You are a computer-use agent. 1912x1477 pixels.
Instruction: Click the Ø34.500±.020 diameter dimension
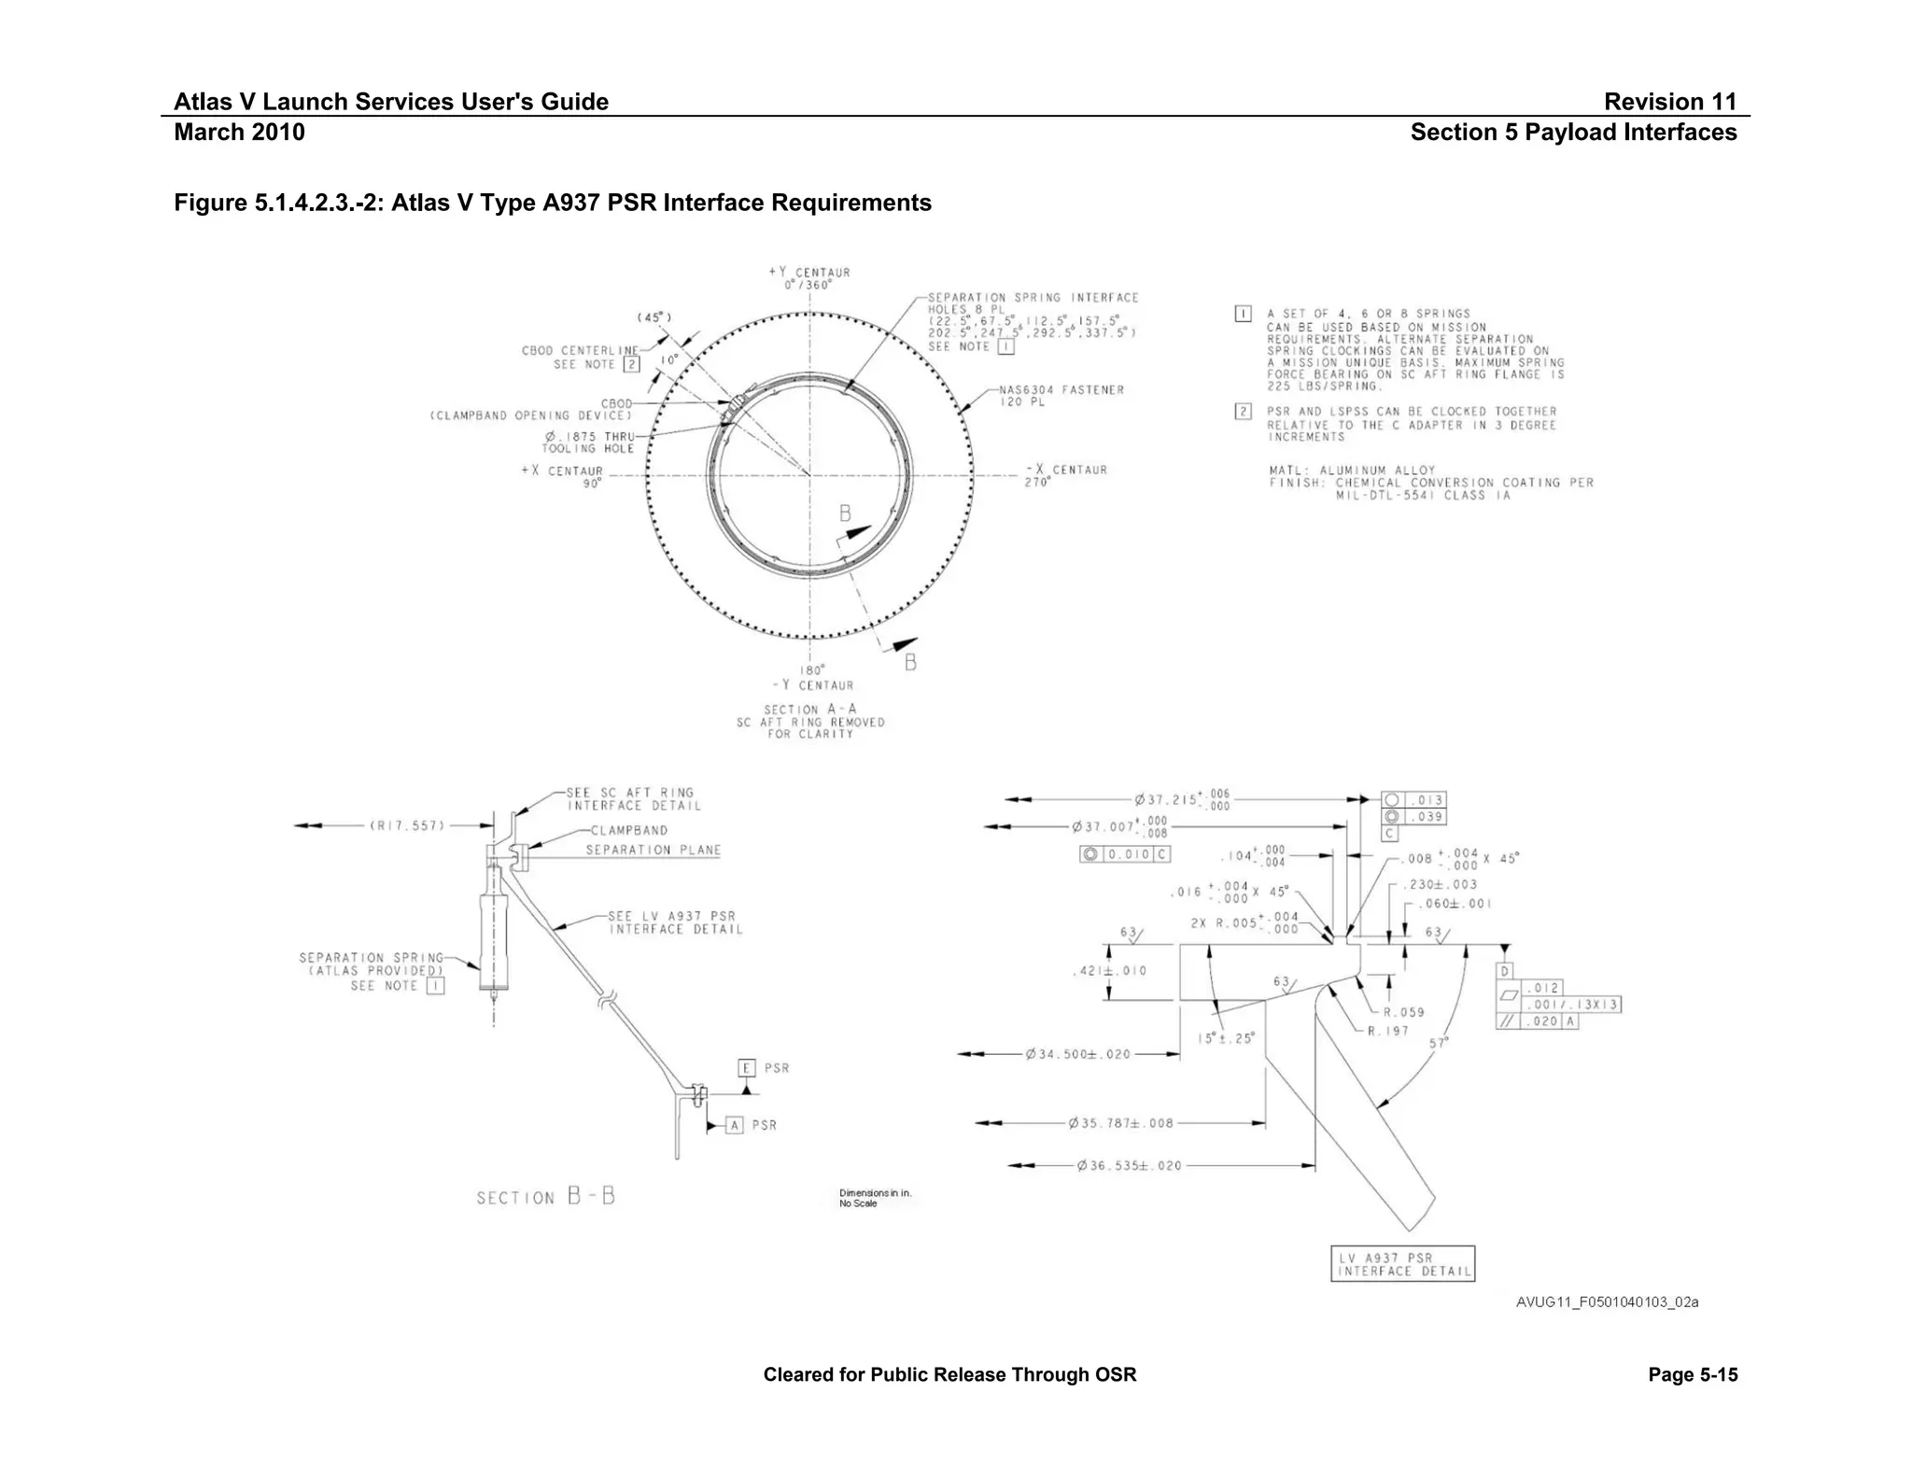point(1077,1054)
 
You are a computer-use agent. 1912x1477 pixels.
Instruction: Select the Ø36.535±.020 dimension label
point(1129,1165)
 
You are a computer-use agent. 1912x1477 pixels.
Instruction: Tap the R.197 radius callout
point(1388,1031)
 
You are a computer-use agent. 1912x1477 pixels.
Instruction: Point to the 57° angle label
point(1438,1042)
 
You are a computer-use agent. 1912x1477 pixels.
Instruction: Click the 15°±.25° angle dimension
point(1226,1037)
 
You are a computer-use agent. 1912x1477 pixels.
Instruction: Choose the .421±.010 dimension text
point(1109,971)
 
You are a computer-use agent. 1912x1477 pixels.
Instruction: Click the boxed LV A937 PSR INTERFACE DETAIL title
point(1402,1264)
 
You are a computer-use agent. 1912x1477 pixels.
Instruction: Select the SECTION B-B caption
point(545,1198)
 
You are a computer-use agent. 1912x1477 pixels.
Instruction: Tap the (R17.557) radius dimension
point(407,825)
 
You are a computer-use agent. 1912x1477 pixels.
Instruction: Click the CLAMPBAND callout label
point(628,830)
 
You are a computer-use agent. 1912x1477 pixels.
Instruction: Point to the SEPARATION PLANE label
point(653,850)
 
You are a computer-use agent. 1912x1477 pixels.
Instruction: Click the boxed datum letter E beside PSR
point(746,1068)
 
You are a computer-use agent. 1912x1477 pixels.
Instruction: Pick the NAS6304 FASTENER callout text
point(1061,396)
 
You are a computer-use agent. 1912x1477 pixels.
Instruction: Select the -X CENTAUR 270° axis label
point(1065,475)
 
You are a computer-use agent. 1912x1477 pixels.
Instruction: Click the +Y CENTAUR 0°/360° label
point(808,278)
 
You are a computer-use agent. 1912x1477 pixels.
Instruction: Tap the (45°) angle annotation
point(654,317)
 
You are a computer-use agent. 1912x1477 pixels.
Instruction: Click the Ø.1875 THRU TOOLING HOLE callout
point(589,443)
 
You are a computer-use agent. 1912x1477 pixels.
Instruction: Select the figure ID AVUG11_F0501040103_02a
point(1607,1302)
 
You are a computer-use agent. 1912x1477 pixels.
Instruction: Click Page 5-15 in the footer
point(1693,1374)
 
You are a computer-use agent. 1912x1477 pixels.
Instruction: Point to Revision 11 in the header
point(1669,102)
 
